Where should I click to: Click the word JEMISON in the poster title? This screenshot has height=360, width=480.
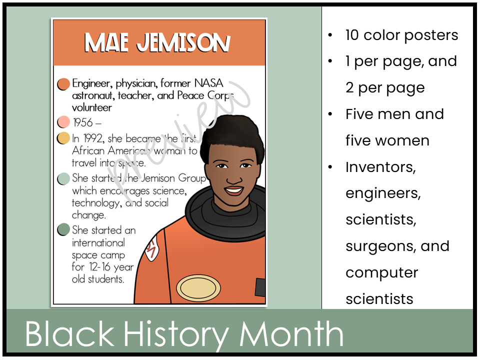(x=183, y=43)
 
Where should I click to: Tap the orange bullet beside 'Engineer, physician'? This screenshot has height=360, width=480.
(x=63, y=84)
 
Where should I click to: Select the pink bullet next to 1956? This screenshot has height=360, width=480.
(x=63, y=122)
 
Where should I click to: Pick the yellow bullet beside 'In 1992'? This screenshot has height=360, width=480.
(x=63, y=138)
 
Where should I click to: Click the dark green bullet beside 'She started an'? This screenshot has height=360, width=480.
(x=63, y=230)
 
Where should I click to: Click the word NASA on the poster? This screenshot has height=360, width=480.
(x=208, y=83)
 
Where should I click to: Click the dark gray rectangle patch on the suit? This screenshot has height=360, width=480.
(x=260, y=287)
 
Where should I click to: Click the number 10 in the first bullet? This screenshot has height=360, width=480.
(x=352, y=35)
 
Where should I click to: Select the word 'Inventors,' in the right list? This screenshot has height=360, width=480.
(x=380, y=167)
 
